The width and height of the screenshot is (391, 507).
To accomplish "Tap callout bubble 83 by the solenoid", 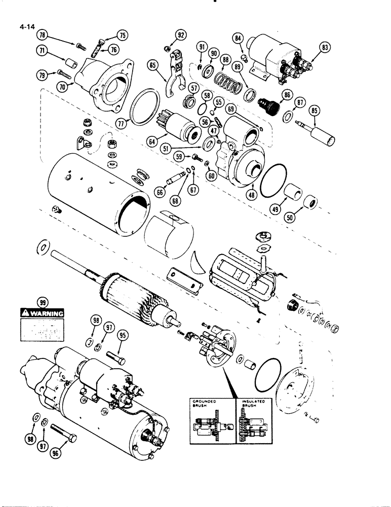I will (x=325, y=49).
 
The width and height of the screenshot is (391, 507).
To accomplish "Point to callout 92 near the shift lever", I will (x=181, y=35).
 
